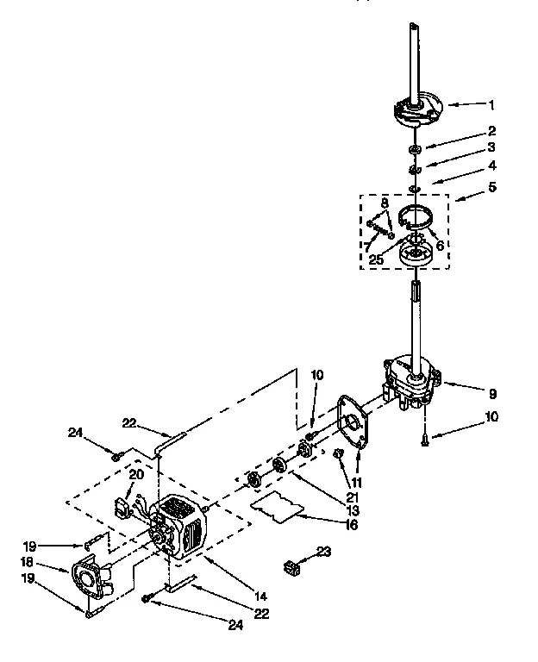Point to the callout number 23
click(x=323, y=553)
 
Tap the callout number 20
click(x=135, y=475)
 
